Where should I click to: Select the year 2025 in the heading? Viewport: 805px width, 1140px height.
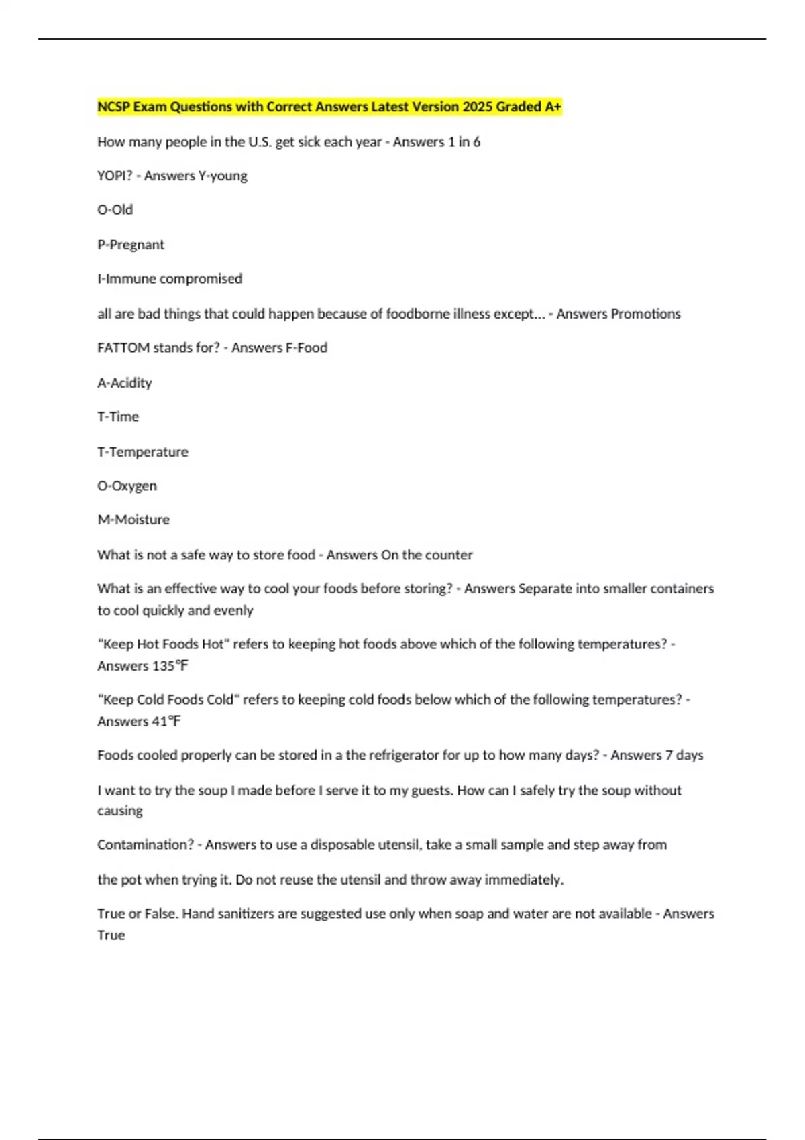pyautogui.click(x=477, y=107)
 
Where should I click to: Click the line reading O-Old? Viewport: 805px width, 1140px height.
pyautogui.click(x=115, y=210)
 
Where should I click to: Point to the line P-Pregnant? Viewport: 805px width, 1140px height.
pyautogui.click(x=131, y=245)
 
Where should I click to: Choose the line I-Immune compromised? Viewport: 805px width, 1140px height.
pyautogui.click(x=170, y=279)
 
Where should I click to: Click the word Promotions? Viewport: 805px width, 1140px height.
pyautogui.click(x=618, y=314)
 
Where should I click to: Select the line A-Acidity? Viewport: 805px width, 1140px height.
pyautogui.click(x=125, y=383)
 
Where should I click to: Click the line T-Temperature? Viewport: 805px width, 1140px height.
pyautogui.click(x=143, y=452)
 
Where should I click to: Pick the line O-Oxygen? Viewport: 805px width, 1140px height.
pyautogui.click(x=127, y=486)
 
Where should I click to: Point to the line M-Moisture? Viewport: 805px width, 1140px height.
pyautogui.click(x=133, y=520)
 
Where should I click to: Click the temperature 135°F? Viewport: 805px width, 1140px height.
pyautogui.click(x=170, y=666)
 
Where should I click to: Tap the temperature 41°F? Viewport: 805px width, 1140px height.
pyautogui.click(x=166, y=722)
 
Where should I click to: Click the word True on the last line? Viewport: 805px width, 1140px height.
pyautogui.click(x=111, y=935)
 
